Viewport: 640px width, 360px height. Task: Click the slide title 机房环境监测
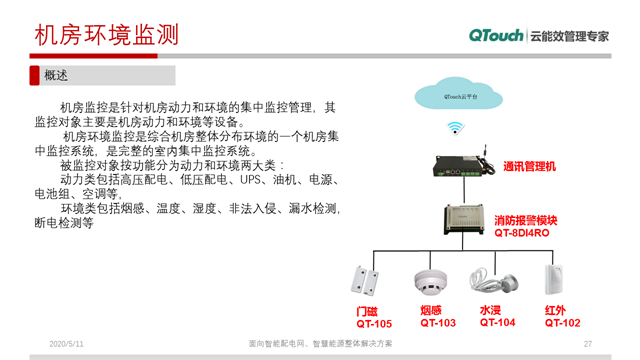click(x=106, y=34)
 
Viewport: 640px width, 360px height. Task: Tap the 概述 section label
click(x=56, y=75)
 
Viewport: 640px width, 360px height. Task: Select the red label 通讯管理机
click(x=529, y=166)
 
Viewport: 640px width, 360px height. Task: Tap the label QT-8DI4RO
click(x=521, y=234)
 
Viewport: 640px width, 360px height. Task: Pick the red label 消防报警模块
click(x=525, y=220)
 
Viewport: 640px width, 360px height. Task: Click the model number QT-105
click(x=373, y=324)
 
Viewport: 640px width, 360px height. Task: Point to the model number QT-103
click(x=437, y=323)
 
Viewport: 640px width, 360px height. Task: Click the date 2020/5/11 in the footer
click(x=66, y=345)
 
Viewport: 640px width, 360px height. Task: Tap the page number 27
click(x=587, y=345)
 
